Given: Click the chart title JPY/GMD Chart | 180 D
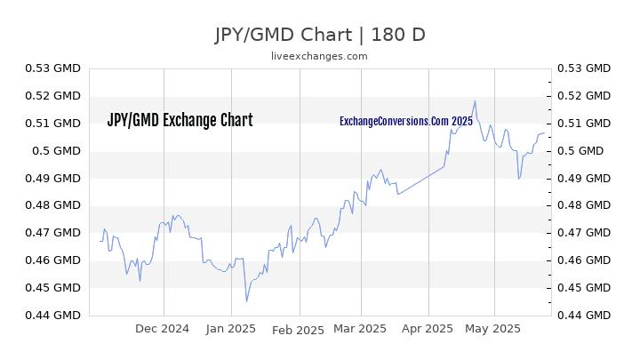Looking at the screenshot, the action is click(320, 35).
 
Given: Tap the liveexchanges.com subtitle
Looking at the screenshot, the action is click(319, 56).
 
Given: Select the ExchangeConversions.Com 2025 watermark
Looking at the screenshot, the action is click(406, 121).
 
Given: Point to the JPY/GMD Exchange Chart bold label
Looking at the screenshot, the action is click(180, 120).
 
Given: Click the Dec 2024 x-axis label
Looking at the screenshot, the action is click(162, 329).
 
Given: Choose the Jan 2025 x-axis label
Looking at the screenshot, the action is click(230, 329).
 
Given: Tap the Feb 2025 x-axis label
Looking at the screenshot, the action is click(298, 330).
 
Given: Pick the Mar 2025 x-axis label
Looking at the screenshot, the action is click(360, 329).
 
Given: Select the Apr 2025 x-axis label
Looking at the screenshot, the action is click(428, 329).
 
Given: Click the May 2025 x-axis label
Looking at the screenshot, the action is click(492, 329).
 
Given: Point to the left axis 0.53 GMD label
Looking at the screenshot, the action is click(53, 68).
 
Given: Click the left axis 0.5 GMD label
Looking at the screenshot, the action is click(56, 151).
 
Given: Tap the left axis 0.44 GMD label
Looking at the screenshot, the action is click(53, 315).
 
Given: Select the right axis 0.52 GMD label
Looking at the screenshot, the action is click(584, 96).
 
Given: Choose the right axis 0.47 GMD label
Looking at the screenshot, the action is click(584, 233).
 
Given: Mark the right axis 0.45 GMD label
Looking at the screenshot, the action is click(584, 288).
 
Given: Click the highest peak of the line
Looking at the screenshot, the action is click(475, 101).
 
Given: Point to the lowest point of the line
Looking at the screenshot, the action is click(246, 301).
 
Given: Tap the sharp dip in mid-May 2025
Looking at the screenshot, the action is click(519, 179).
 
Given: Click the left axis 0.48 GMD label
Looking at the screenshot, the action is click(53, 205).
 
